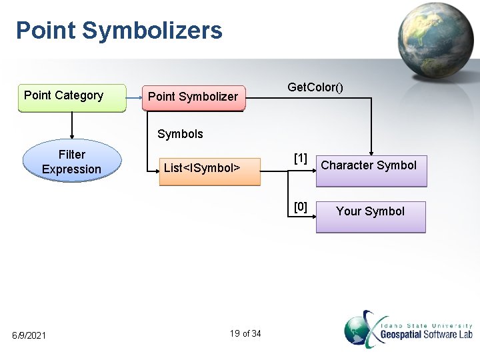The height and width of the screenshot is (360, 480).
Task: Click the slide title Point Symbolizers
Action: click(x=119, y=31)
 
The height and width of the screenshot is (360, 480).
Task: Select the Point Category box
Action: click(x=72, y=97)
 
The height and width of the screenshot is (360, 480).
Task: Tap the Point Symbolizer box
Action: click(x=193, y=97)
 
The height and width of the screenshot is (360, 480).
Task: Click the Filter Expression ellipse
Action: click(x=72, y=162)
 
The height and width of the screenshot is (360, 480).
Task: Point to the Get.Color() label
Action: click(x=315, y=87)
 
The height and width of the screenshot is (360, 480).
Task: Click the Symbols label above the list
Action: click(x=180, y=134)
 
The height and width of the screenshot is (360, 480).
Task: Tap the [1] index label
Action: click(x=301, y=158)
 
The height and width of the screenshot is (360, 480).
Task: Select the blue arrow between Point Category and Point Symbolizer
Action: click(x=134, y=97)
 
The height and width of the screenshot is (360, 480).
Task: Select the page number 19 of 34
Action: click(x=245, y=333)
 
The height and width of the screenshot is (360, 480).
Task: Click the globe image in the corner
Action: click(x=434, y=40)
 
